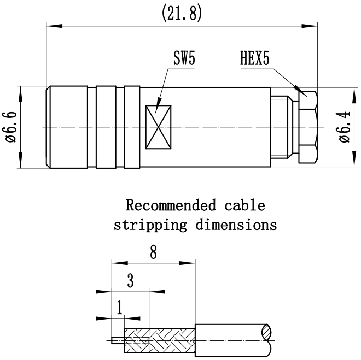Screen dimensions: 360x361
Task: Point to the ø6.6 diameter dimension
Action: (x=12, y=127)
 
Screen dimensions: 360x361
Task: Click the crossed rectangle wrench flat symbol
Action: (x=159, y=127)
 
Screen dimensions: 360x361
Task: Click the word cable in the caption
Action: (x=244, y=206)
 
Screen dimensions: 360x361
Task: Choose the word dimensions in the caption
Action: (x=237, y=225)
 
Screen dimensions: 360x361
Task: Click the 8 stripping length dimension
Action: (x=153, y=252)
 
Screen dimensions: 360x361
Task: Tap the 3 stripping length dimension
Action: (x=130, y=281)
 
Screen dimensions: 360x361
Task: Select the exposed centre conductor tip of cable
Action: (x=117, y=340)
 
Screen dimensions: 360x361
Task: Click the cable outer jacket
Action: (x=232, y=340)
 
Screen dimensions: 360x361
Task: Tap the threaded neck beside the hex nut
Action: (x=283, y=127)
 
